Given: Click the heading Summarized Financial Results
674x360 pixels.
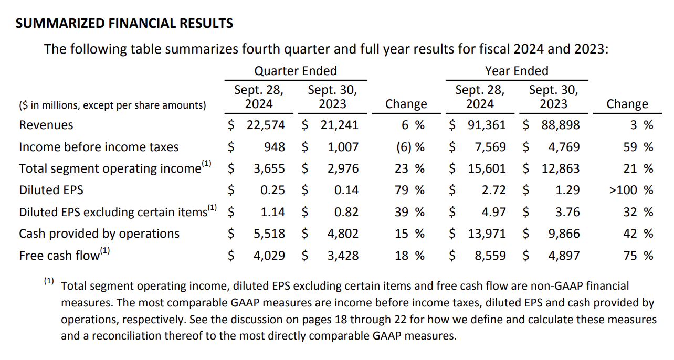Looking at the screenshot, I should (x=124, y=24).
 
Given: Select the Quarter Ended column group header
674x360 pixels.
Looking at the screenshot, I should (x=296, y=71).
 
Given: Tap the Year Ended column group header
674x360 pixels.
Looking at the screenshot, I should (x=517, y=71).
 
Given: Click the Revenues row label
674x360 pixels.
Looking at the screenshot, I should (x=46, y=125).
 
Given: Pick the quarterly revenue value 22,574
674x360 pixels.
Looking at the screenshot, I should (x=266, y=125).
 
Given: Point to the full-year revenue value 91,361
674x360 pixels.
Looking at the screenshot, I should (x=487, y=125).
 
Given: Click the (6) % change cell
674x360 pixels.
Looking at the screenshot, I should (x=410, y=147).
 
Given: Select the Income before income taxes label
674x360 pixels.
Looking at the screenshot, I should (x=99, y=147).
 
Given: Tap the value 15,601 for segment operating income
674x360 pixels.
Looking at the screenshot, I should (x=487, y=168).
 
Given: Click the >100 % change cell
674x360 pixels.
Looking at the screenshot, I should (x=631, y=190).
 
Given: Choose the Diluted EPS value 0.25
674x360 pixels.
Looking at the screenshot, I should (x=273, y=190).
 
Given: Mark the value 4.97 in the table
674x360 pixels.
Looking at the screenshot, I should (x=494, y=212).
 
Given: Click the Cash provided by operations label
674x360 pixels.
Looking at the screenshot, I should (x=99, y=234).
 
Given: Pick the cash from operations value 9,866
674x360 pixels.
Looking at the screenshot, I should (x=564, y=234).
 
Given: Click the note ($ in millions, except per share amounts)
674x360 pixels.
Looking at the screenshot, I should (x=112, y=105).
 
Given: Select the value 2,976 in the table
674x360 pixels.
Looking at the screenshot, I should (x=343, y=168).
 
